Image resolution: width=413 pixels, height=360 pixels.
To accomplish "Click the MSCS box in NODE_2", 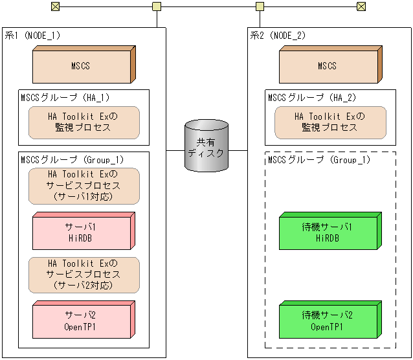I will point(328,65).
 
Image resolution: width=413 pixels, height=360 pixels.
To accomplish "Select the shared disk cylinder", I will point(206,146).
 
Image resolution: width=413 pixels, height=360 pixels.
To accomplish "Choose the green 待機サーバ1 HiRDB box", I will point(328,232).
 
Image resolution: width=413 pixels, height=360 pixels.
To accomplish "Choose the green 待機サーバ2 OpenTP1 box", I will point(328,321).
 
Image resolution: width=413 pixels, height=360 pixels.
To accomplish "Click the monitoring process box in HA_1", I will point(84,122).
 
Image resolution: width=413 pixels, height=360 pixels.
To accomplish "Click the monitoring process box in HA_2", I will point(330,122).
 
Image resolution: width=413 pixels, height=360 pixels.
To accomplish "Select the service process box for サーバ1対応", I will point(84,186).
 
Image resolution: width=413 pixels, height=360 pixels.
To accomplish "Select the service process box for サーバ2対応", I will point(84,275).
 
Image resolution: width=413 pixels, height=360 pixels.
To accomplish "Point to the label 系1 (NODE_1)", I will point(32,36).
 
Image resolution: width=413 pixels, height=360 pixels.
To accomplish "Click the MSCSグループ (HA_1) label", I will point(65,97).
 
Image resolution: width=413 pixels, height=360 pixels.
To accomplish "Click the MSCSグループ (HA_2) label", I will point(311,97).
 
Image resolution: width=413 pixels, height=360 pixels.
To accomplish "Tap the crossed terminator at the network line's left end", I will point(56,6).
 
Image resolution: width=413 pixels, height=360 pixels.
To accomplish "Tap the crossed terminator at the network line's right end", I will point(361,6).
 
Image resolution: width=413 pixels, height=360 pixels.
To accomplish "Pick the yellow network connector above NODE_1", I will point(157,6).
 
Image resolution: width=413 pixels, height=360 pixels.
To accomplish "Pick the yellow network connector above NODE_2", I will point(260,6).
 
